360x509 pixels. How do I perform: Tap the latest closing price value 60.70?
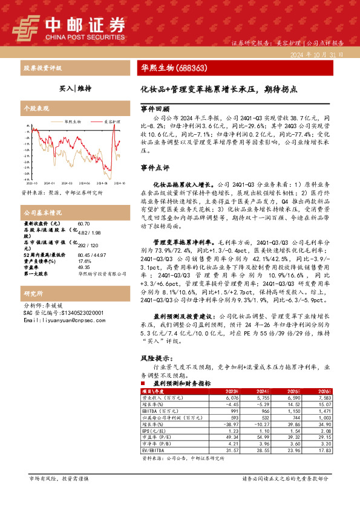[x=84, y=224]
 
